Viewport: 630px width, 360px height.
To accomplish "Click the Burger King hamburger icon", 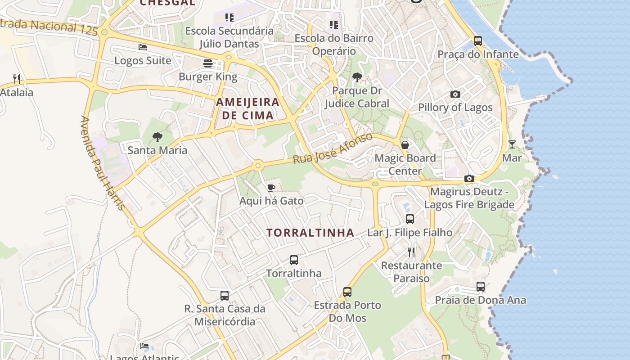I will tap(207, 63).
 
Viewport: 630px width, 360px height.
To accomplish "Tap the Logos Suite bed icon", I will tap(143, 47).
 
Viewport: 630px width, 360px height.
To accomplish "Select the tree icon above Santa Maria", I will tap(157, 137).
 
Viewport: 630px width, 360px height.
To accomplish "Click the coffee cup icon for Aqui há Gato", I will tap(271, 188).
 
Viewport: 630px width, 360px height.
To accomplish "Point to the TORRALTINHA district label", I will tap(310, 233).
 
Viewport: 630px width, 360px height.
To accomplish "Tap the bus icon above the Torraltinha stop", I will tap(293, 260).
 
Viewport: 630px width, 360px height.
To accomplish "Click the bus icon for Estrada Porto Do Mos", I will tap(347, 292).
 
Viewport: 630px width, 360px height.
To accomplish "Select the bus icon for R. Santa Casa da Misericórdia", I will tap(225, 295).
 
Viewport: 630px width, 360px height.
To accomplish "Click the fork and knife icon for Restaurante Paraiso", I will tap(411, 252).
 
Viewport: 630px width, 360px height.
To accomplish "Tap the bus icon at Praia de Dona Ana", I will tap(480, 286).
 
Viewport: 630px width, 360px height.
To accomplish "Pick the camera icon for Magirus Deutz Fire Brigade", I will tap(469, 179).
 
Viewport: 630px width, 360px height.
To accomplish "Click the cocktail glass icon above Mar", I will tap(512, 144).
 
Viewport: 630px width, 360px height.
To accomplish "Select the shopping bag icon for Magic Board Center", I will tap(405, 144).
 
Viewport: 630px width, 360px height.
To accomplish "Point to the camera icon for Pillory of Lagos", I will tap(455, 94).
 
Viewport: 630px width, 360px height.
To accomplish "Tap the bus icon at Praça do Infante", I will tap(478, 41).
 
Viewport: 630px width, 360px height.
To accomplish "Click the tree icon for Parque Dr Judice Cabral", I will tap(357, 77).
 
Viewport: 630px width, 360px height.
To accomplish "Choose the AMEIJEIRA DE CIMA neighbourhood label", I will tap(248, 108).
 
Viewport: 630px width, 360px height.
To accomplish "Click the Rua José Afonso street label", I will tap(333, 148).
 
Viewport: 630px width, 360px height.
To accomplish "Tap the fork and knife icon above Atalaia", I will tap(17, 79).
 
